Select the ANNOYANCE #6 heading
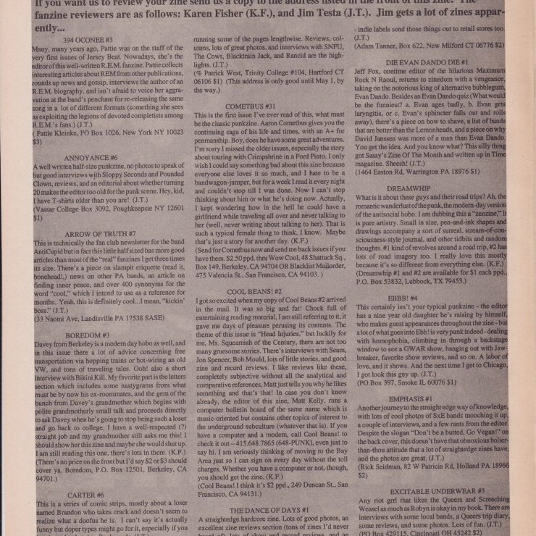(x=91, y=157)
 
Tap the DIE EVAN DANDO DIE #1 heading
(x=427, y=63)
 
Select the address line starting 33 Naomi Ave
(x=85, y=317)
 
